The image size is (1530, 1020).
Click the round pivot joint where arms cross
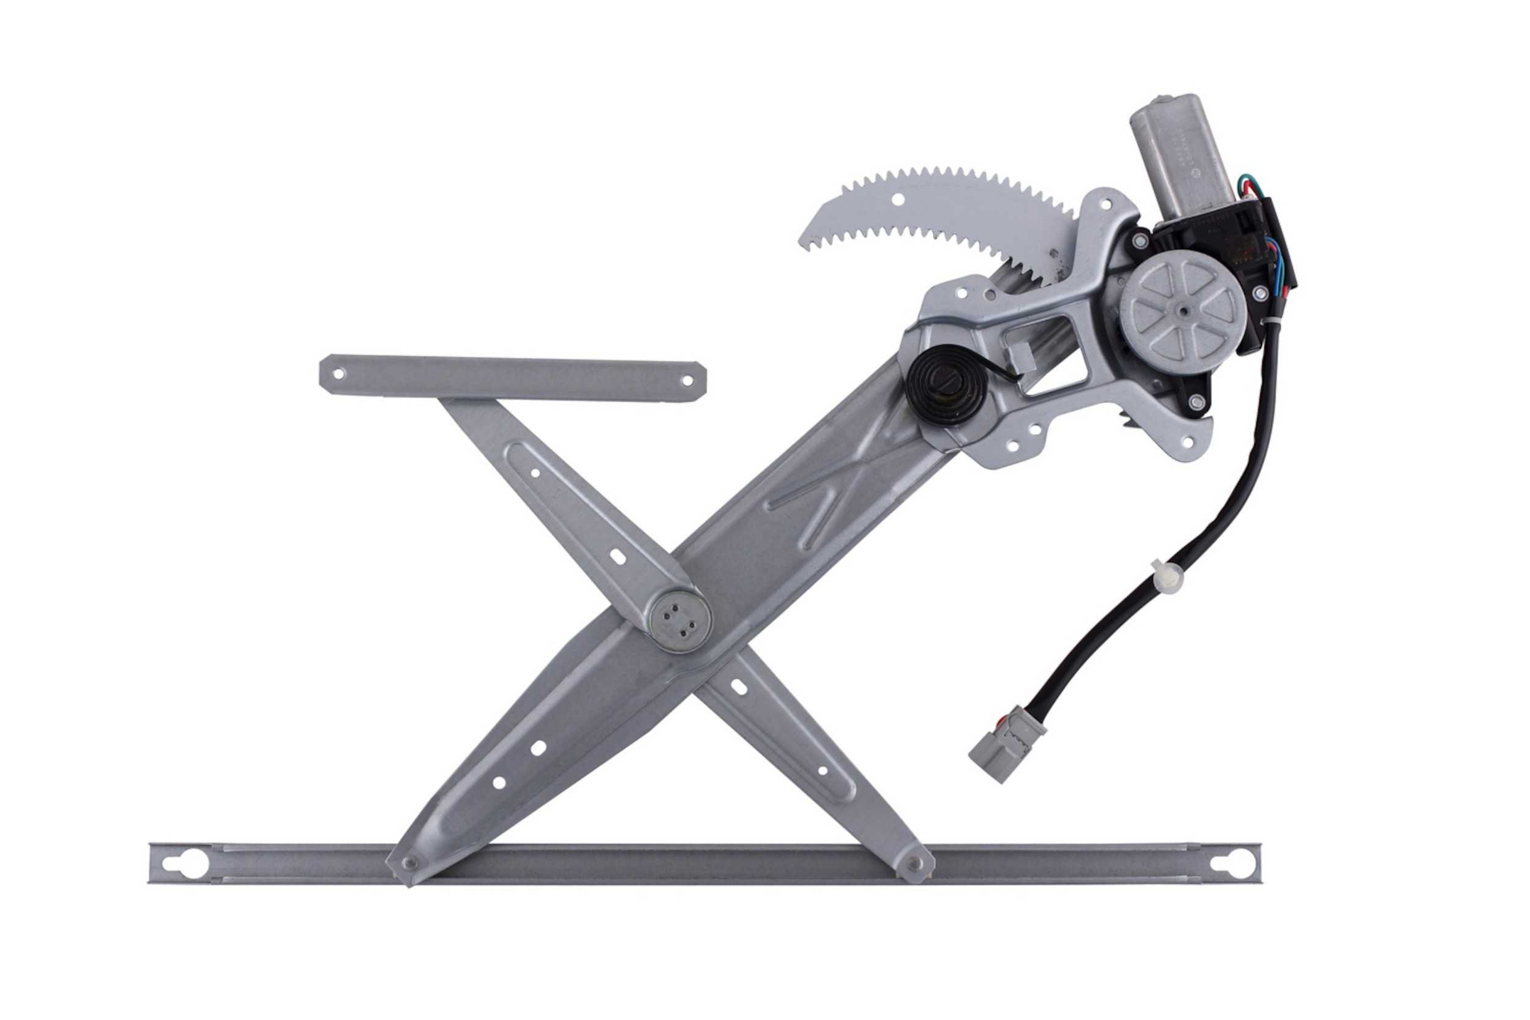click(681, 621)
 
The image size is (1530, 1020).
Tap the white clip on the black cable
click(1162, 571)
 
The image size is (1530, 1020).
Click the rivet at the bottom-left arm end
click(409, 863)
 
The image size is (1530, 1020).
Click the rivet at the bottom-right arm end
click(913, 864)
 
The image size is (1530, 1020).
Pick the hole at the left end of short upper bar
click(338, 374)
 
